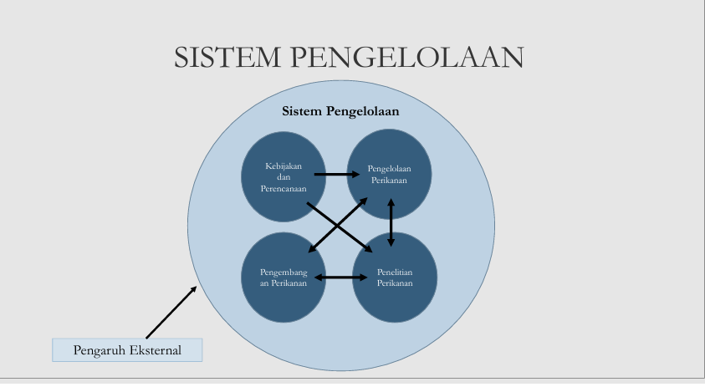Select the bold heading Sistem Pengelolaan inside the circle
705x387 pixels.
(x=340, y=110)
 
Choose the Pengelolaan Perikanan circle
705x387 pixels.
(x=390, y=173)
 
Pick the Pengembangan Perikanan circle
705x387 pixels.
(x=283, y=277)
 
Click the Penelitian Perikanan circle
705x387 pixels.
(x=394, y=277)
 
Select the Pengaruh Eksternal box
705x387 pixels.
(x=127, y=349)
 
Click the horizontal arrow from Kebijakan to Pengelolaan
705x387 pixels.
(x=339, y=175)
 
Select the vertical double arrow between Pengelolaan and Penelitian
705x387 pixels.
(x=391, y=222)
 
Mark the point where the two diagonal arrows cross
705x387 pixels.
(x=339, y=225)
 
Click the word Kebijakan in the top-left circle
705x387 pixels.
(x=283, y=165)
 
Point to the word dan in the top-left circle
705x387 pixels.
(x=283, y=176)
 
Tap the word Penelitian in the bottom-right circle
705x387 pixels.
(x=394, y=272)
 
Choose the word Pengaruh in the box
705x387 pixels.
(x=98, y=349)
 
